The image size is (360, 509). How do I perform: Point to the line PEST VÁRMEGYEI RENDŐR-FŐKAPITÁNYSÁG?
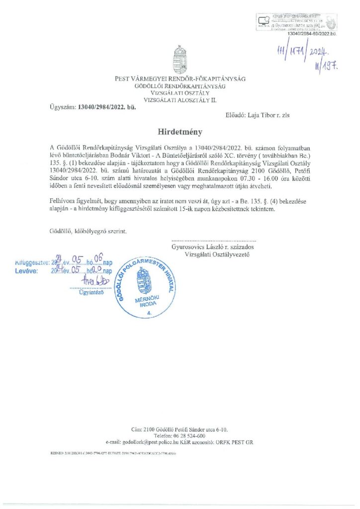tap(180, 79)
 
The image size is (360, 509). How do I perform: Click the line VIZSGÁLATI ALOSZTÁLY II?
tap(180, 99)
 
